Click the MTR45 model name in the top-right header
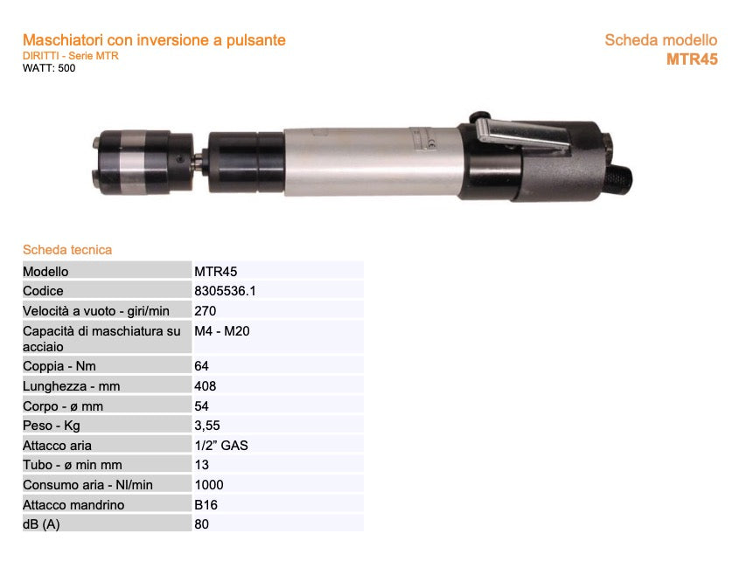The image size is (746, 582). coord(691,59)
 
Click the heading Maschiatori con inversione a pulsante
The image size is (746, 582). coord(154,40)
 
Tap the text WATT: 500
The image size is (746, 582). coord(49,68)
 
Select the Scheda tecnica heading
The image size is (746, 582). coord(67,250)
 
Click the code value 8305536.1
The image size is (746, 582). coord(226,291)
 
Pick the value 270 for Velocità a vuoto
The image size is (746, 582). coord(206,310)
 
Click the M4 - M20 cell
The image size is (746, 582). coord(223,331)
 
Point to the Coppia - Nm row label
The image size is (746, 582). coord(59,366)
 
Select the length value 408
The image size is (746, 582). coord(206,385)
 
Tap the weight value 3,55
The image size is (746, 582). coord(208,426)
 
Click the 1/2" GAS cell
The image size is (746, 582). coord(221,445)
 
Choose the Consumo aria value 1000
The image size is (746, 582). coord(209,485)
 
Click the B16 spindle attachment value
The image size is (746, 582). coord(206,504)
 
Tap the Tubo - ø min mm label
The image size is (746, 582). coord(73,465)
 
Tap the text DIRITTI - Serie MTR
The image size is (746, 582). coord(70,56)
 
